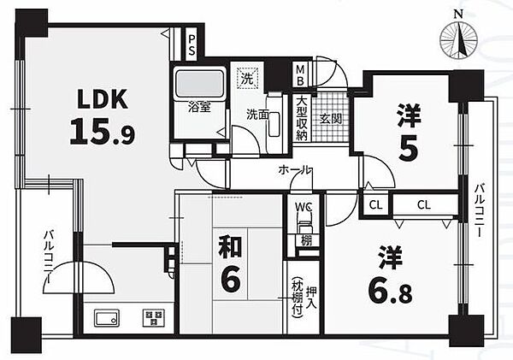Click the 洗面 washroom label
[256, 114]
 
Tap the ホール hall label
[294, 170]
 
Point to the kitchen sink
[108, 320]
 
